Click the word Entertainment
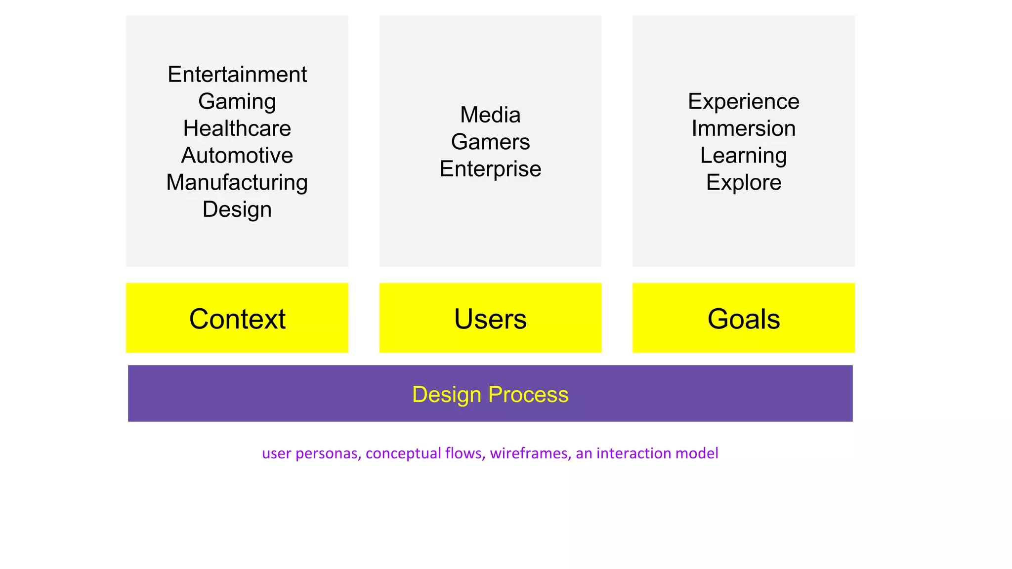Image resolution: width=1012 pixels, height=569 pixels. [x=237, y=75]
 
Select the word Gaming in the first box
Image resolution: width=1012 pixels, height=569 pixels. [x=237, y=102]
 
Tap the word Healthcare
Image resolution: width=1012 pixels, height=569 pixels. [x=237, y=128]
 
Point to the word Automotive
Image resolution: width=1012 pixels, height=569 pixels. [x=237, y=156]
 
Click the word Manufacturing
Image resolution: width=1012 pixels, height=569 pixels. [x=237, y=182]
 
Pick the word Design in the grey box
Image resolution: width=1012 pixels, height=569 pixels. [x=237, y=209]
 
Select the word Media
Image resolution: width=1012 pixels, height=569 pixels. [x=490, y=115]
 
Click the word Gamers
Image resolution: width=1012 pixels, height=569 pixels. [x=490, y=142]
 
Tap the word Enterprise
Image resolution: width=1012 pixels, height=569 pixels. [x=490, y=169]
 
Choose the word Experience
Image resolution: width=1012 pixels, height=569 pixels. [x=743, y=102]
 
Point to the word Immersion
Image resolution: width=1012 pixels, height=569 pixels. [x=743, y=128]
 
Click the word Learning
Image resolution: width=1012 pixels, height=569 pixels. [x=743, y=156]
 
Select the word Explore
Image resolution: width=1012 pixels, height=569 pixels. [x=743, y=182]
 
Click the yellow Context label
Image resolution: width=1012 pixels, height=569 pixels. [x=237, y=319]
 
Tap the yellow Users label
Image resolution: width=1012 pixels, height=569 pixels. [x=490, y=319]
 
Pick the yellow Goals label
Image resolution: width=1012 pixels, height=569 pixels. [x=743, y=319]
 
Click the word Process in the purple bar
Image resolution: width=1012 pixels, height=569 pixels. [x=528, y=395]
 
